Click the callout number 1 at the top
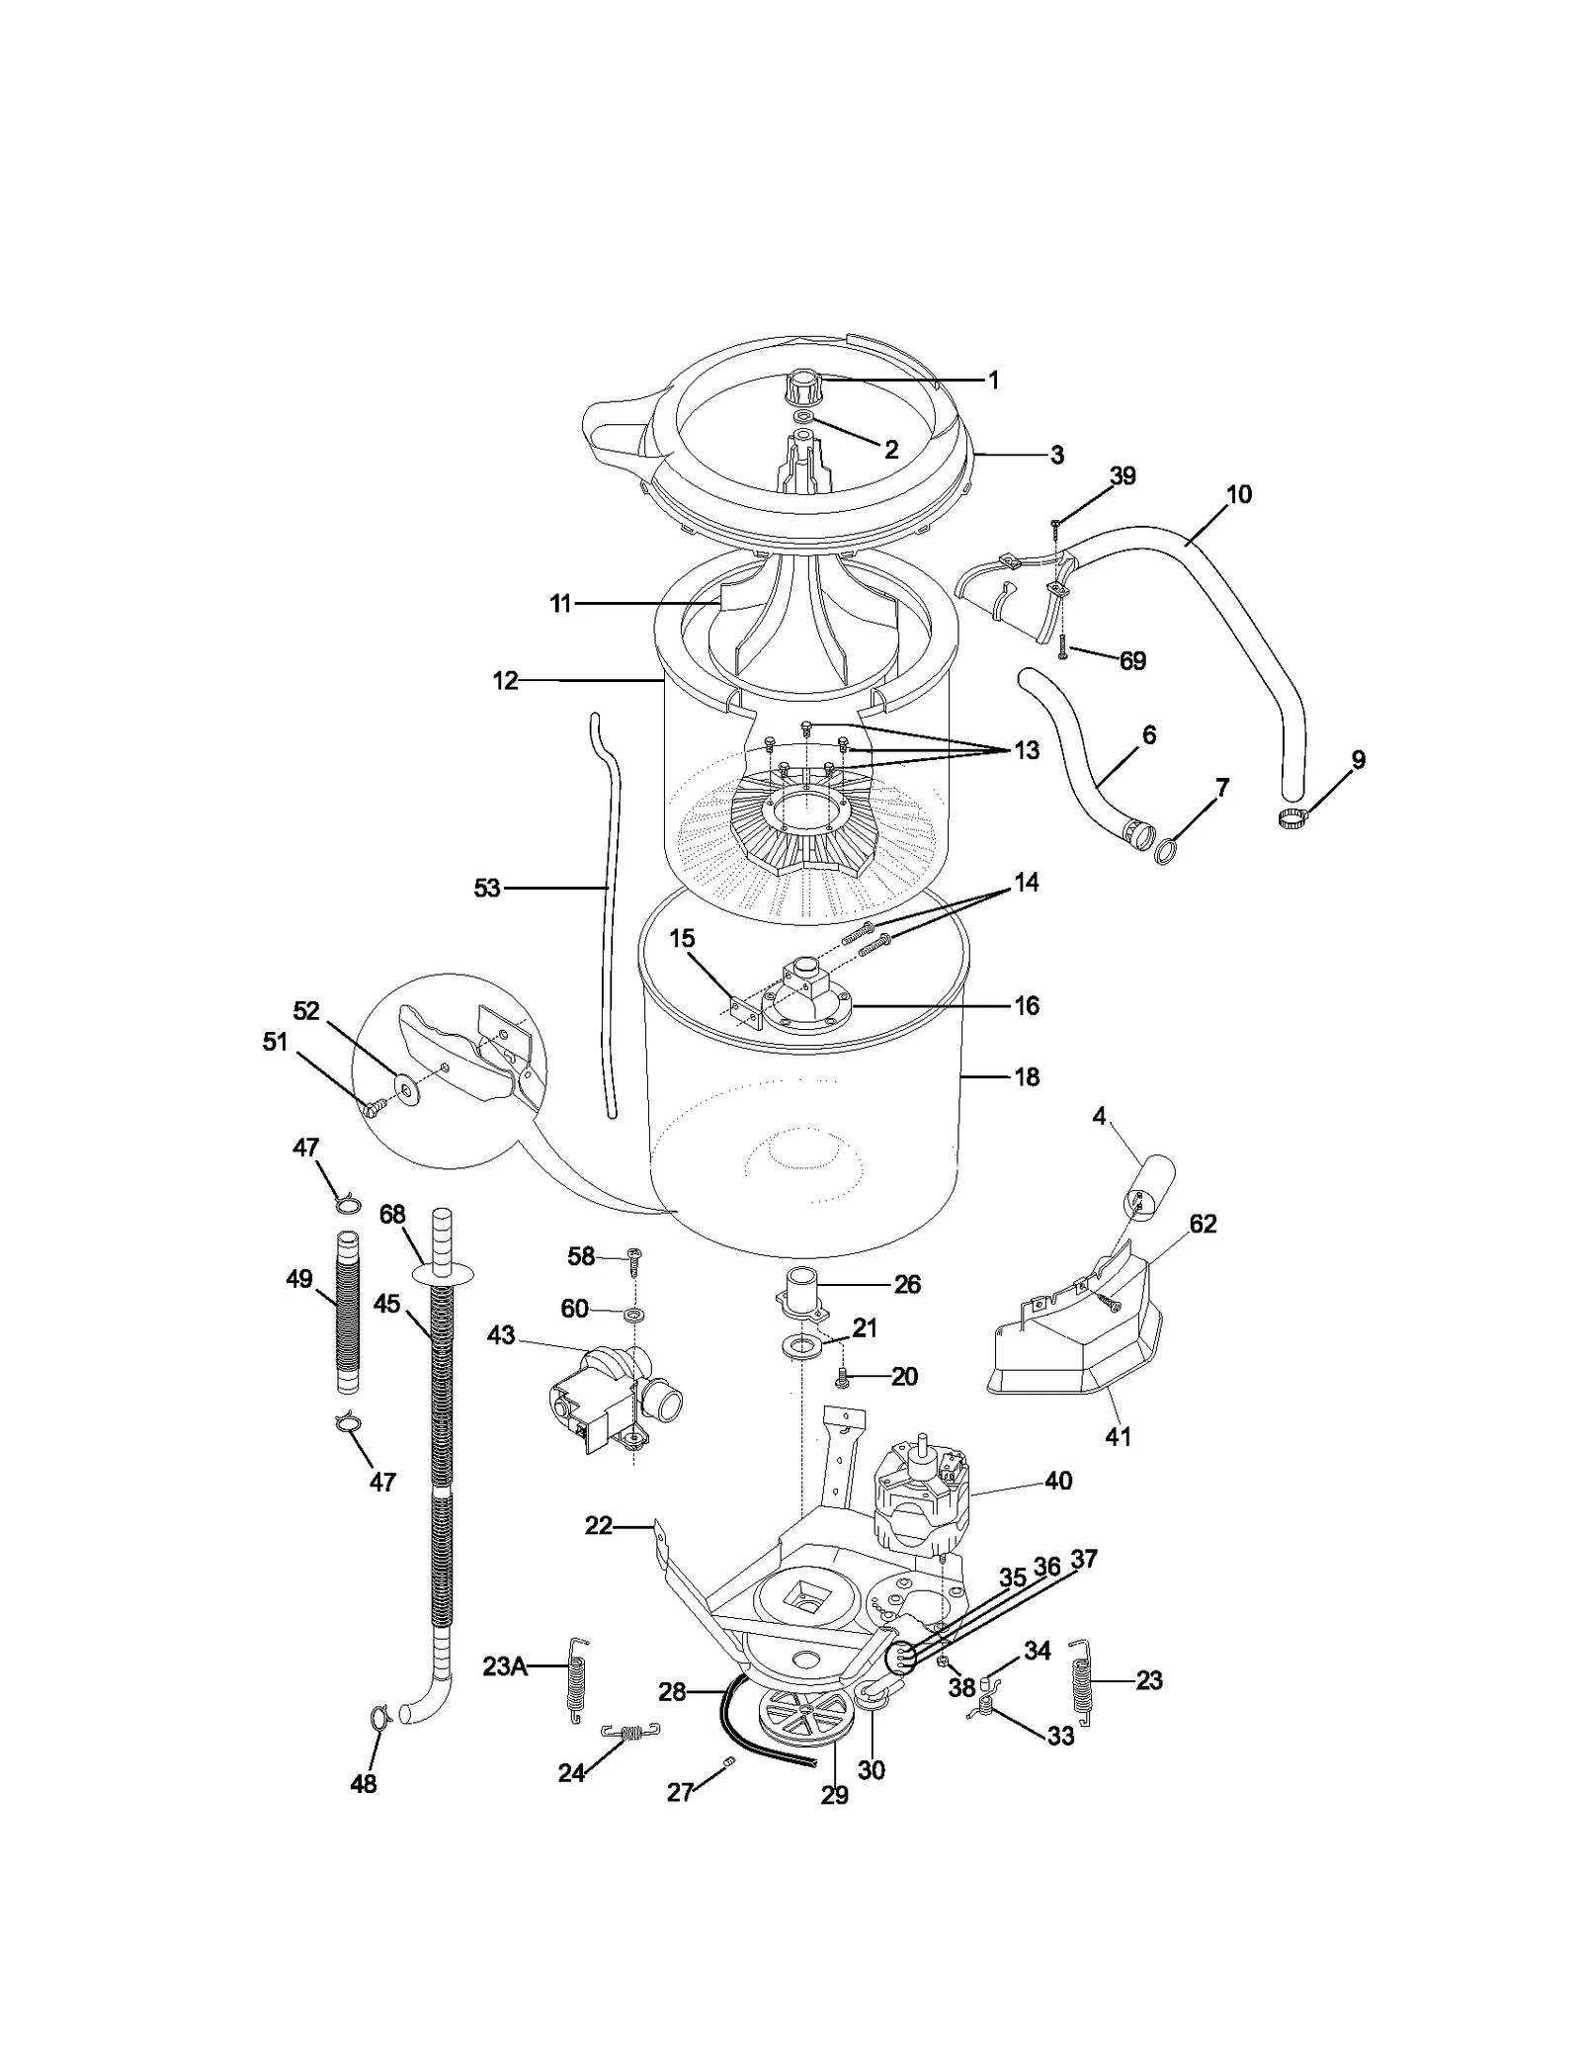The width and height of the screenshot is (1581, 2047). click(x=994, y=381)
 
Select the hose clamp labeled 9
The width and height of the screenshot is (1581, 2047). click(x=1293, y=817)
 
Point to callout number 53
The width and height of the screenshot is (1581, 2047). click(x=487, y=889)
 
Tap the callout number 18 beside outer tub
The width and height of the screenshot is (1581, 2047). click(x=1027, y=1076)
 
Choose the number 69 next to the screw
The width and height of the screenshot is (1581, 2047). click(x=1132, y=660)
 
